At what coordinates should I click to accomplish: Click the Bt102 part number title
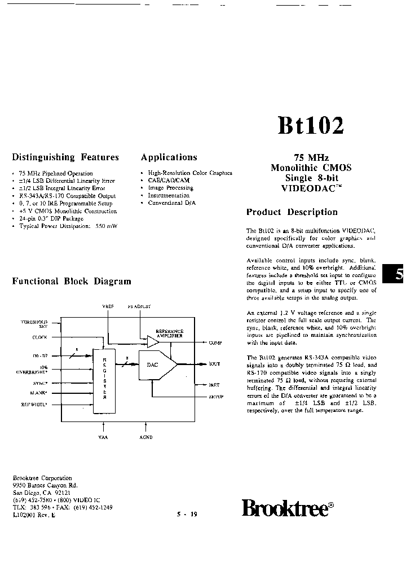(310, 126)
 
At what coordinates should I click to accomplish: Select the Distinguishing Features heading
(65, 157)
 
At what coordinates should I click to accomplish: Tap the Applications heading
(169, 157)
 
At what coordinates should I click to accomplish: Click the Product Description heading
(292, 212)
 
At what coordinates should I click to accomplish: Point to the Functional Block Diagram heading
(72, 281)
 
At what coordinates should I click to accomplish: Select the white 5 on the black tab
(399, 275)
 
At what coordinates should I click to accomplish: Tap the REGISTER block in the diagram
(104, 375)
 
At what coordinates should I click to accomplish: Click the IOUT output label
(215, 364)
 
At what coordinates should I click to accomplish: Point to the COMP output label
(215, 342)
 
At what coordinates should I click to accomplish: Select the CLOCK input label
(39, 337)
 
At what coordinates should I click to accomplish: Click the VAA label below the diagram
(103, 436)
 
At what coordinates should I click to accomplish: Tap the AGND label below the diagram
(145, 436)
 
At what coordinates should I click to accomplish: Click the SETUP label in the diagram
(216, 397)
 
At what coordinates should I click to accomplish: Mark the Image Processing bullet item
(170, 188)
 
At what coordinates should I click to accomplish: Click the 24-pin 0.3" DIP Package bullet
(51, 218)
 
